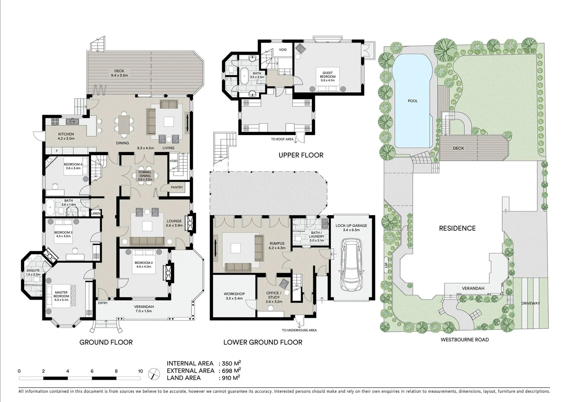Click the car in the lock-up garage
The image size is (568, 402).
click(x=352, y=265)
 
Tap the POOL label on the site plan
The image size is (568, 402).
click(x=413, y=101)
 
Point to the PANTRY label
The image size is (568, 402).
click(x=177, y=187)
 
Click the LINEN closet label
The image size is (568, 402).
click(x=96, y=214)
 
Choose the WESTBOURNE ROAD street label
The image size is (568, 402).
click(x=465, y=339)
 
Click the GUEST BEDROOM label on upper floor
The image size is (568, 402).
click(x=327, y=77)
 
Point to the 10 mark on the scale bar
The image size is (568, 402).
click(x=140, y=371)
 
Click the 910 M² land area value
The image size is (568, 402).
click(x=231, y=378)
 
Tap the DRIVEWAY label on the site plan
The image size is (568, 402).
click(x=530, y=303)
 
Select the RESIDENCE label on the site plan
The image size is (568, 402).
click(x=457, y=228)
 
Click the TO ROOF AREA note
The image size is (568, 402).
click(x=282, y=139)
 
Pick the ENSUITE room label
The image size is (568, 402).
click(x=33, y=271)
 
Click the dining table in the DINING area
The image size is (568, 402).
click(x=123, y=124)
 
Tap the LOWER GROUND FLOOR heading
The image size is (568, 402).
click(x=263, y=342)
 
